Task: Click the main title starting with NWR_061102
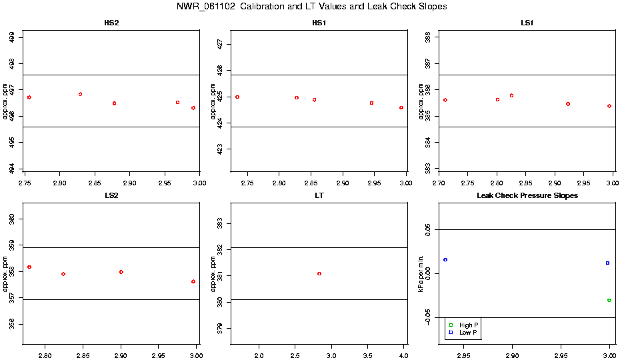tap(311, 7)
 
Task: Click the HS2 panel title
tap(112, 23)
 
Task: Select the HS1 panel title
tap(319, 23)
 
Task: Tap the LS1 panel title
tap(527, 23)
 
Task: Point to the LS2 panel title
tap(112, 195)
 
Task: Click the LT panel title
tap(319, 195)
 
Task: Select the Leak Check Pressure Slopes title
tap(527, 195)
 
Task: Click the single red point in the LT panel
tap(319, 273)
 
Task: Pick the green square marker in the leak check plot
tap(609, 300)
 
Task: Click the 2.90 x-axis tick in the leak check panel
tap(512, 354)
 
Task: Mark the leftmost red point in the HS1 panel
tap(237, 97)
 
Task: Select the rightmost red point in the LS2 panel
tap(193, 281)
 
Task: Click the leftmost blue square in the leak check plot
tap(445, 259)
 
